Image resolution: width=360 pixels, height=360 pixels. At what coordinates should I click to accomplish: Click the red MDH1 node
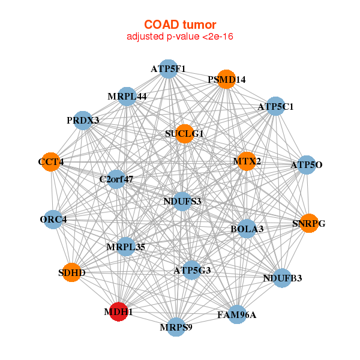pos(118,311)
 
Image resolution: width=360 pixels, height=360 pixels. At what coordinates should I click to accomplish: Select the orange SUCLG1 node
pos(185,134)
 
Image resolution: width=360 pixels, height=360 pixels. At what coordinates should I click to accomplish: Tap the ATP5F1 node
pos(169,69)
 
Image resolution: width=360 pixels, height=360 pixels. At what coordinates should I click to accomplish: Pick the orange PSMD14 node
pos(226,79)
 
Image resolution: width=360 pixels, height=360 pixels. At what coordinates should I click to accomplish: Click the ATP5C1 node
pos(275,106)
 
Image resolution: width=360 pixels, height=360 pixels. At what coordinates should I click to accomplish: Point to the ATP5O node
pos(307,164)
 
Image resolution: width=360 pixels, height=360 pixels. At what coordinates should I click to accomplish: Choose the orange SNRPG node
pos(309,223)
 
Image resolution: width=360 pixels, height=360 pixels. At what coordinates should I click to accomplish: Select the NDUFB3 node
pos(282,278)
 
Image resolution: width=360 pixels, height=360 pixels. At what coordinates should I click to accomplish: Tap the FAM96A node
pos(237,314)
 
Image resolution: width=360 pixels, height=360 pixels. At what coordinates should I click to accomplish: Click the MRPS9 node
pos(176,327)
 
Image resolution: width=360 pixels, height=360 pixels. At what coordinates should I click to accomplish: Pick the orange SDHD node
pos(72,272)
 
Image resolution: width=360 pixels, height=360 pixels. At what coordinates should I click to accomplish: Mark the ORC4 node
pos(53,220)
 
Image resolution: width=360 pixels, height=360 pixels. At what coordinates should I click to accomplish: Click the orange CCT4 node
pos(51,161)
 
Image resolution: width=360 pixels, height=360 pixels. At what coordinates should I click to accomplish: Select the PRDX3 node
pos(83,121)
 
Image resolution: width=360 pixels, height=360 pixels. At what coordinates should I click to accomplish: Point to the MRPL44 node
pos(127,97)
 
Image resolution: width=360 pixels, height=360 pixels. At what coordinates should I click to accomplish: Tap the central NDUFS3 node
pos(182,202)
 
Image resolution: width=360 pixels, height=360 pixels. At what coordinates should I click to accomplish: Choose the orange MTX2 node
pos(247,161)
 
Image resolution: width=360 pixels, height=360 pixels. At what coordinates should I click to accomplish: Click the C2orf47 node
pos(116,179)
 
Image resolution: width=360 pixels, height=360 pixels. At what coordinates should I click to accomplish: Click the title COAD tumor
pos(180,25)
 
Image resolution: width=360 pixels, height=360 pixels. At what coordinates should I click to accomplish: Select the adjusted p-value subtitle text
pos(180,37)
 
